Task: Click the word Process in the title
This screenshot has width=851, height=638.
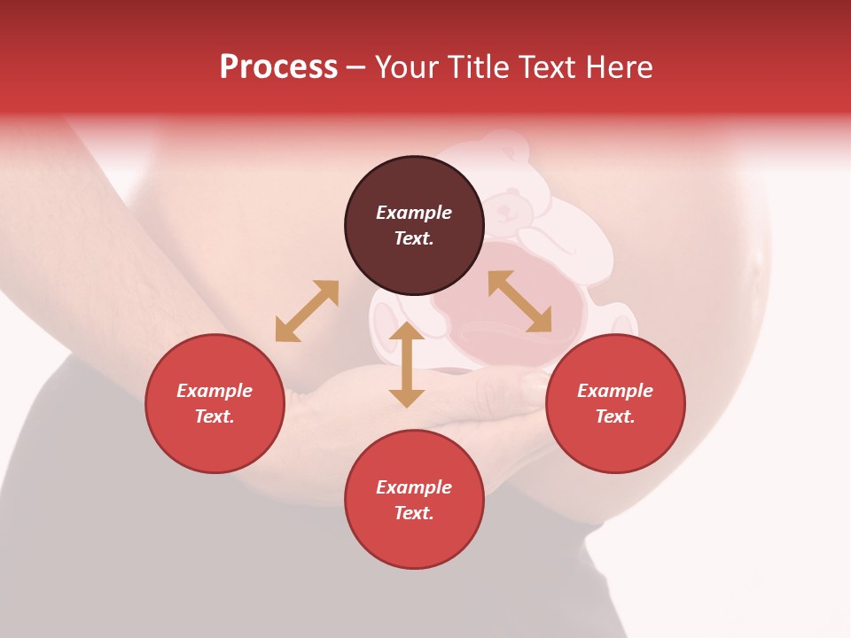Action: coord(278,67)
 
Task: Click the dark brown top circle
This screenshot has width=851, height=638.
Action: coord(414,226)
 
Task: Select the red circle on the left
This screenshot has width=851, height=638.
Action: coord(215,403)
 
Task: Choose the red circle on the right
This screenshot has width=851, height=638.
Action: coord(615,403)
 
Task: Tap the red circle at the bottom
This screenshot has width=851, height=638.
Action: coord(414,500)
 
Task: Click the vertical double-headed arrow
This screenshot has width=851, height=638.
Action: coord(407,365)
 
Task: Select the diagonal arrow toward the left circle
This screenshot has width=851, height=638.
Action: coord(307,311)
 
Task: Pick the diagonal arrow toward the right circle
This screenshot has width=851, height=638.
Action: coord(519,301)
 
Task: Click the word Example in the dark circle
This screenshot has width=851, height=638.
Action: coord(414,213)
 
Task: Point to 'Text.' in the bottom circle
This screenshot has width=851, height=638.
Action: coord(414,513)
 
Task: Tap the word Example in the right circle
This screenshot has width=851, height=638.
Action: coord(615,391)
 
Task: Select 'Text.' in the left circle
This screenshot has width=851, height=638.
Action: coord(215,416)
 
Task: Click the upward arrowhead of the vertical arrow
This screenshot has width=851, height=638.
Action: coord(407,331)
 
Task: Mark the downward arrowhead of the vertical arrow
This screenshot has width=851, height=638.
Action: coord(407,398)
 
